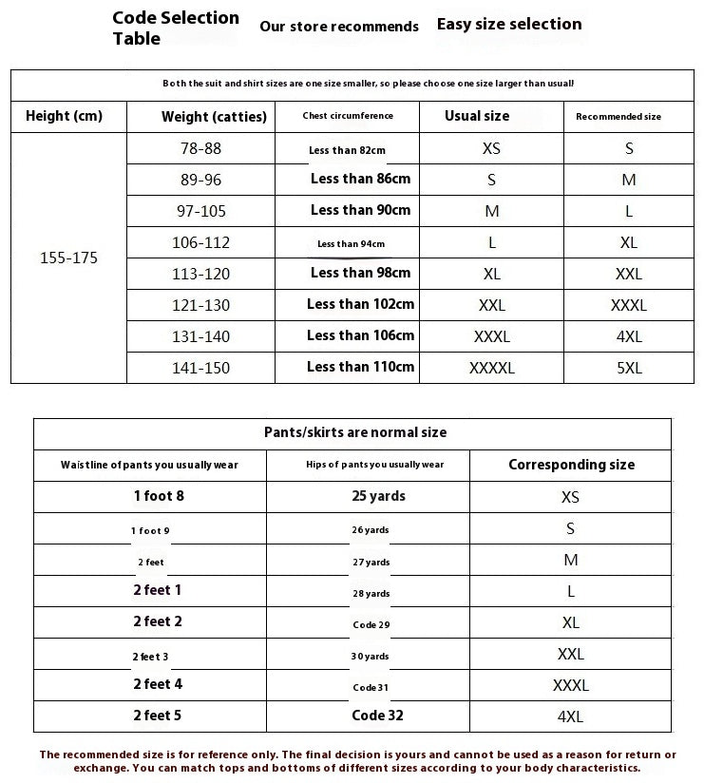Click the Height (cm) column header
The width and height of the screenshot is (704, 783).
pos(64,116)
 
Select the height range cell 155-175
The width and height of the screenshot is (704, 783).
pos(68,258)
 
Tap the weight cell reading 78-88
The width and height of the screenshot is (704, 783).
pos(200,148)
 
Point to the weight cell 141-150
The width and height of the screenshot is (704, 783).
pos(200,368)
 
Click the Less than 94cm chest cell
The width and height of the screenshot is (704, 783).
pos(351,244)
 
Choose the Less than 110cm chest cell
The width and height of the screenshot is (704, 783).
pos(360,367)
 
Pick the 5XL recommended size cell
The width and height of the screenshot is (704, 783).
pos(629,368)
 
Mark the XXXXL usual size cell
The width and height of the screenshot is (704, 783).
pos(491,368)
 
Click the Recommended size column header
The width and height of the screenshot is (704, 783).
pos(618,117)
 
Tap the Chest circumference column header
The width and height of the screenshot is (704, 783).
pos(347,116)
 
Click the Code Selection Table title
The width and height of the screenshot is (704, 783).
pos(176,28)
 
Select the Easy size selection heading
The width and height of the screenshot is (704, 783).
pos(509,24)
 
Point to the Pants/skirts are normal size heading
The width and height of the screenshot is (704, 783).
pos(354,432)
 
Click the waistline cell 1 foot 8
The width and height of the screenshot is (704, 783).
pos(159,495)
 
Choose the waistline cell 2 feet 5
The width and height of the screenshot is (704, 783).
pos(158,715)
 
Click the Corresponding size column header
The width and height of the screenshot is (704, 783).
pos(571,465)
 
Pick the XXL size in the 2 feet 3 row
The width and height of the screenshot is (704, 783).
pos(570,654)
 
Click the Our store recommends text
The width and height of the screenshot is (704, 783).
pos(339,27)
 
